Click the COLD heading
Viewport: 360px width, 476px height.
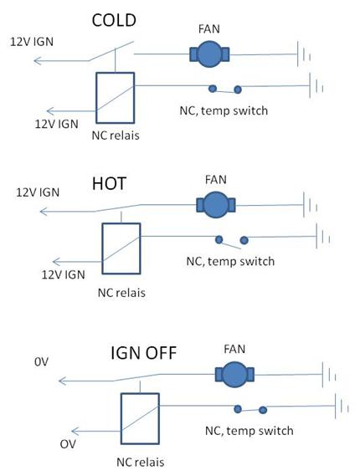coord(114,20)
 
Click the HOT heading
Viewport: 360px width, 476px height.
coord(109,184)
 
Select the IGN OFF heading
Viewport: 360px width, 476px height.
coord(143,353)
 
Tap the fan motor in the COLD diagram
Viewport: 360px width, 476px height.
coord(209,54)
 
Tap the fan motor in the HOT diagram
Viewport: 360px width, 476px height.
coord(216,205)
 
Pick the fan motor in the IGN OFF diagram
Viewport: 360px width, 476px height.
coord(234,374)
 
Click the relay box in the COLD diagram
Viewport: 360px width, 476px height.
coord(116,98)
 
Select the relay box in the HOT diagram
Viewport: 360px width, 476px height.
coord(121,248)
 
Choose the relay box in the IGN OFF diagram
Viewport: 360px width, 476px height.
coord(140,418)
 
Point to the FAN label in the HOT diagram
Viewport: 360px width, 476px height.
coord(216,180)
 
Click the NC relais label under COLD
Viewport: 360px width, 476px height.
coord(116,136)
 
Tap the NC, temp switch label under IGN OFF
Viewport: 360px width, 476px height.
coord(249,431)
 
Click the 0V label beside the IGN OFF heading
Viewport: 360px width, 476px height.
coord(41,362)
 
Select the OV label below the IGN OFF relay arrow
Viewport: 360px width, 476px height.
coord(68,444)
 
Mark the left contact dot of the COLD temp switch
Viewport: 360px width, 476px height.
coord(213,89)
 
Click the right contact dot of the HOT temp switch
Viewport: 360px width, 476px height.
coord(244,240)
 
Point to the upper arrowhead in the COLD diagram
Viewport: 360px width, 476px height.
coord(38,61)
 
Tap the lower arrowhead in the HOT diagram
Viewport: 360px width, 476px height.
coord(57,261)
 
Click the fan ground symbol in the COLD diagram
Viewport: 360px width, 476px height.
coord(304,54)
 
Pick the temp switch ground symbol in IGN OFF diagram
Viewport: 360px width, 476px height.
coord(342,406)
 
